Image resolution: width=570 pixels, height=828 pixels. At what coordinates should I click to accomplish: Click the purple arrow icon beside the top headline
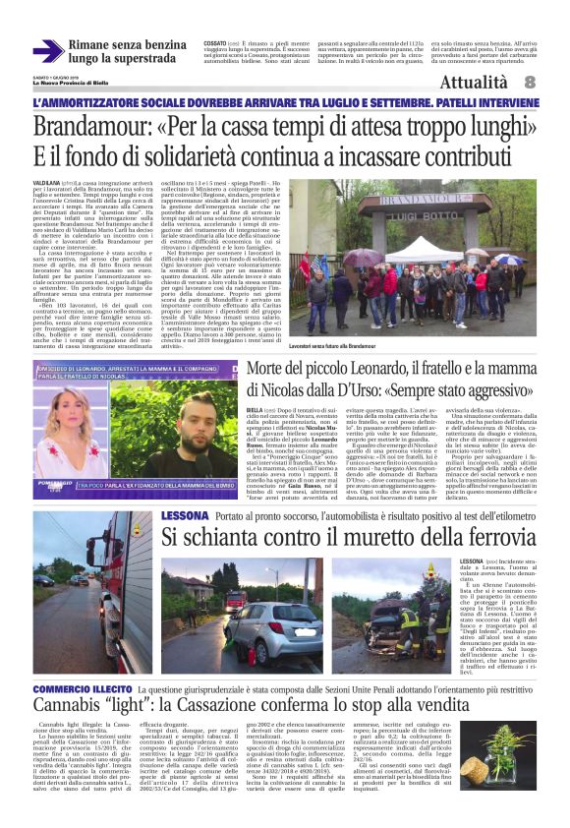[46, 52]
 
